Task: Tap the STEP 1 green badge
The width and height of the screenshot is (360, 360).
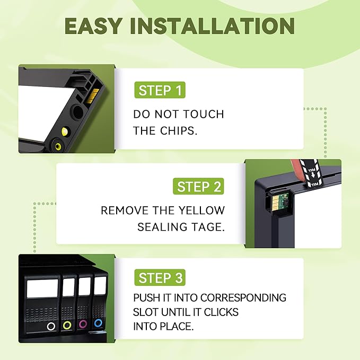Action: click(160, 90)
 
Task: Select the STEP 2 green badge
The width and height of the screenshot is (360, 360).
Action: click(198, 186)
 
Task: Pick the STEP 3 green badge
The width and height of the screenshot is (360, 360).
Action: click(160, 278)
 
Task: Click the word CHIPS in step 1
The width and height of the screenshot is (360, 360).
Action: click(178, 130)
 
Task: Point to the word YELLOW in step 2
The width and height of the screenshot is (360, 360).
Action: click(202, 210)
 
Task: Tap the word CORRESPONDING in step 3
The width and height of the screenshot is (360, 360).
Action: click(243, 298)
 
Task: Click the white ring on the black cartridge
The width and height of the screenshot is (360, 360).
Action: click(51, 326)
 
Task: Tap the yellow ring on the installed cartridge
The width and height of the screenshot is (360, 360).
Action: click(67, 325)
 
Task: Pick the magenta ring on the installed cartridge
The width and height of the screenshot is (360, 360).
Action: click(83, 324)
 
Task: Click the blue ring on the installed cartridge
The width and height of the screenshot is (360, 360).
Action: click(98, 323)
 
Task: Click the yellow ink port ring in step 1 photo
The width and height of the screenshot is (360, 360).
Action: click(57, 145)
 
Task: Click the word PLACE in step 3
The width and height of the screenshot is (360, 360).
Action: click(177, 326)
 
